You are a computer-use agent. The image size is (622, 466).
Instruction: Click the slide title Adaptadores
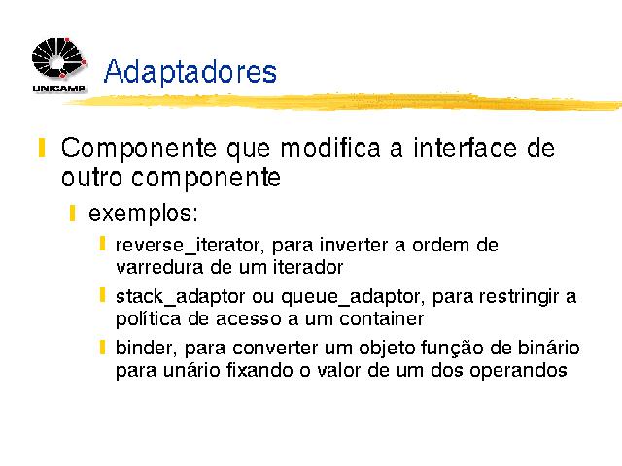pos(190,72)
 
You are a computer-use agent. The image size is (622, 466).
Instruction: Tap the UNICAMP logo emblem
pos(58,58)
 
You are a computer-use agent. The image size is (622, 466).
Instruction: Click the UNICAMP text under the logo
pos(58,88)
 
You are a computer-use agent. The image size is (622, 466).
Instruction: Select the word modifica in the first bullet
pos(330,148)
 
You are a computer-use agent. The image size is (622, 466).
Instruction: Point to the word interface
pos(465,148)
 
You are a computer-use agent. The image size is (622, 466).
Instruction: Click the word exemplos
pos(143,214)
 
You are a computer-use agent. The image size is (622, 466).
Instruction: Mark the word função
pos(452,349)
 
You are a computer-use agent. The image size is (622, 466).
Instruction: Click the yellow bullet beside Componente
pos(42,148)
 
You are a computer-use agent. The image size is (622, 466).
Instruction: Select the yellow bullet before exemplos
pos(72,214)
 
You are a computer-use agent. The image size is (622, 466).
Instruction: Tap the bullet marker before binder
pos(102,347)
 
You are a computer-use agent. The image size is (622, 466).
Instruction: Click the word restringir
pos(518,297)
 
